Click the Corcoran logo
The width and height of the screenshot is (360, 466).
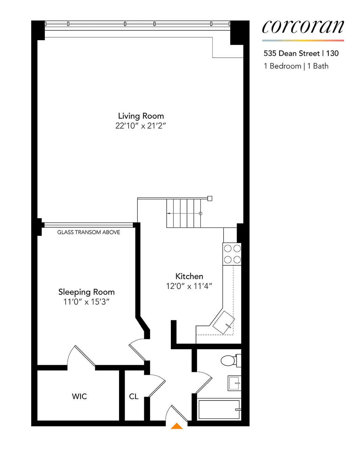click(303, 27)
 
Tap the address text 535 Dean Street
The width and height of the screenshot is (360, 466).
click(292, 53)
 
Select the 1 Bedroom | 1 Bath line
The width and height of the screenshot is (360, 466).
click(296, 66)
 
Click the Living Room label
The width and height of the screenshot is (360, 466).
click(141, 116)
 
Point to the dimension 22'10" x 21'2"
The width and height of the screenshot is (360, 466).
click(141, 126)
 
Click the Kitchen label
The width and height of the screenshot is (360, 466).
click(189, 276)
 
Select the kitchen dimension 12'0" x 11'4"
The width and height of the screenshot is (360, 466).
click(189, 286)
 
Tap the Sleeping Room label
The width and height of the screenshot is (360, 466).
click(86, 292)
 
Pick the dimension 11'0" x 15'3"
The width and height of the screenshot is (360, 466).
click(86, 302)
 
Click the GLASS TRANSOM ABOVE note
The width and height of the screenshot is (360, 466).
click(88, 232)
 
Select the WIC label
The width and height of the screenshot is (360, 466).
click(79, 396)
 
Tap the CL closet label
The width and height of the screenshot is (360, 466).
click(133, 396)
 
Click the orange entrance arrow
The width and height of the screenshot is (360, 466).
click(177, 426)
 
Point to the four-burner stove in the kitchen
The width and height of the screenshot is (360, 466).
click(232, 254)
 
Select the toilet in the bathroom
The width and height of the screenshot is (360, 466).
click(230, 360)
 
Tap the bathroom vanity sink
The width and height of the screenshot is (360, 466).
click(234, 383)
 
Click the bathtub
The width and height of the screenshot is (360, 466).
click(219, 409)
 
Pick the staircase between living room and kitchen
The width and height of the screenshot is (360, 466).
click(184, 213)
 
